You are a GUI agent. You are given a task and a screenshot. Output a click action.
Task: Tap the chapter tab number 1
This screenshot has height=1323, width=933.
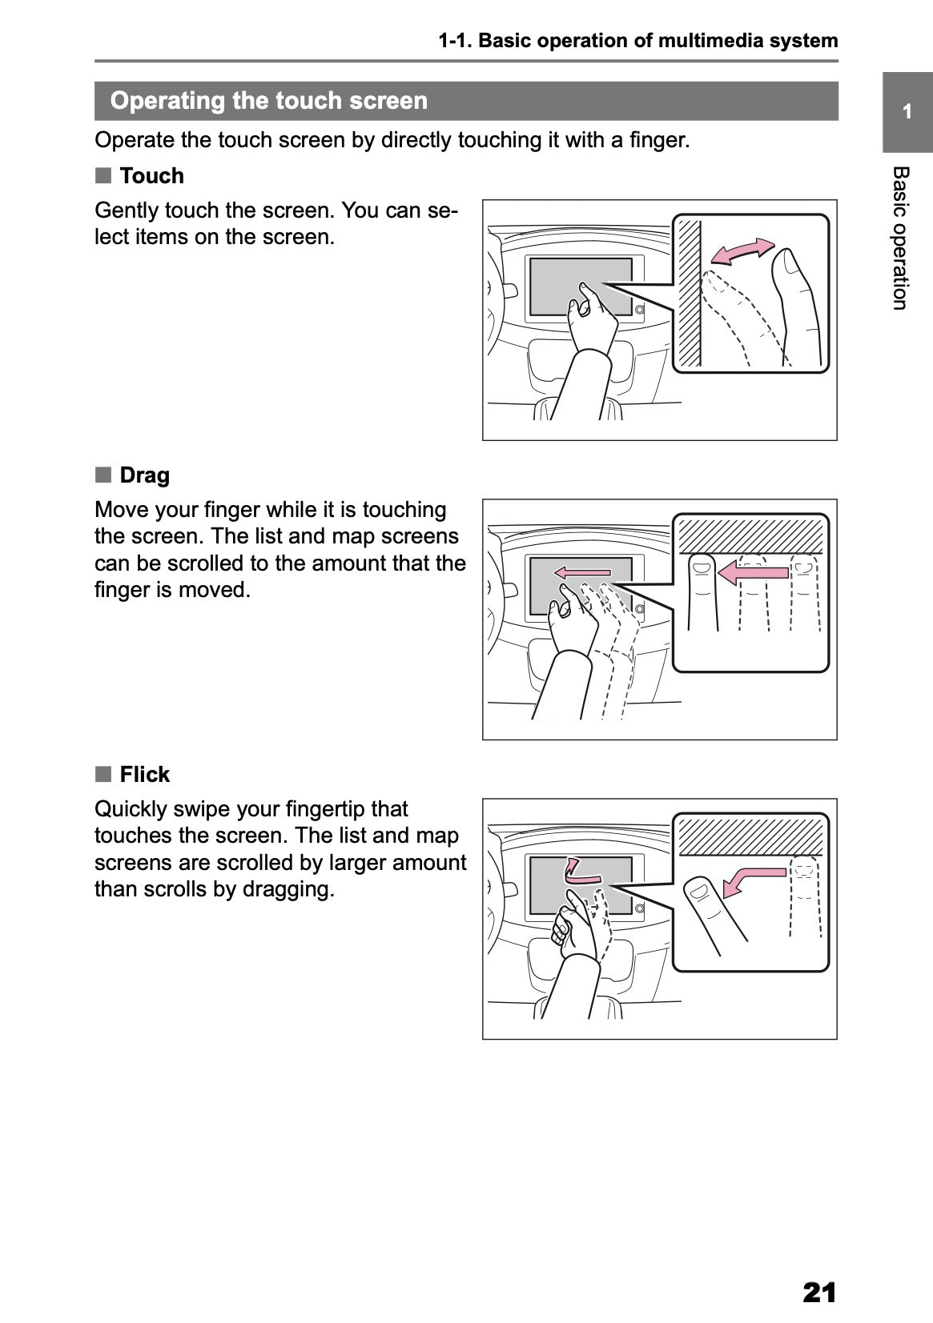click(907, 112)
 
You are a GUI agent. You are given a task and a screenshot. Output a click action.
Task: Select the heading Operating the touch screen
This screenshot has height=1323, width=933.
click(268, 101)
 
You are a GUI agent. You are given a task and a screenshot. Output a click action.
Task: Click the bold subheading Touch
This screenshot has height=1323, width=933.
click(151, 176)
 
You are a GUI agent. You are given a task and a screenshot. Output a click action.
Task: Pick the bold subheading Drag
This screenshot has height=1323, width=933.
click(144, 475)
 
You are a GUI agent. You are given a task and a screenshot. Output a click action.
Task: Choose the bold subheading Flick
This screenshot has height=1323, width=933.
click(144, 775)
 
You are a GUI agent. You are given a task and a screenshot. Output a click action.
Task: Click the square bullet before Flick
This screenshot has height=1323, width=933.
click(103, 774)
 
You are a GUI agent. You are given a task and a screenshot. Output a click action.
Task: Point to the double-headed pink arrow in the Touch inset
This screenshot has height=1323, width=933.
click(743, 251)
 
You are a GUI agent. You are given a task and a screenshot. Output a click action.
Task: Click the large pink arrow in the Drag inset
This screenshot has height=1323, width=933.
click(753, 571)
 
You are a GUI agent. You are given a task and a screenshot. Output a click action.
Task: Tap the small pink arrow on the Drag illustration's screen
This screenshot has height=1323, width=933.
click(582, 572)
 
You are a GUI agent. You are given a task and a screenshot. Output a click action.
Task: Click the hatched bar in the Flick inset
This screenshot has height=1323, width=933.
click(750, 835)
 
